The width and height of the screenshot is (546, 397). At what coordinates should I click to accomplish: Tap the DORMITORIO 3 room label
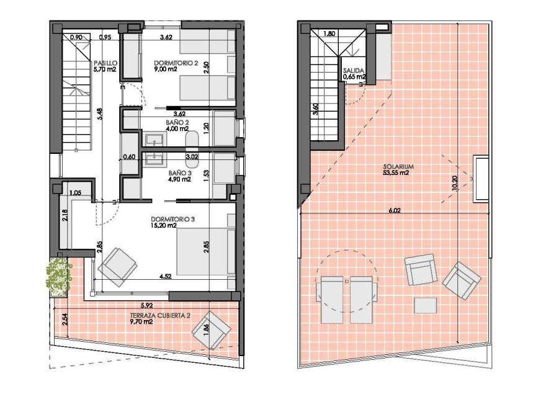173,219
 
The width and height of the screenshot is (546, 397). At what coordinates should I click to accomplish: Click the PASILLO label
105,63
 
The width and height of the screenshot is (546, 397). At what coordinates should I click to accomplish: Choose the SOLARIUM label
398,167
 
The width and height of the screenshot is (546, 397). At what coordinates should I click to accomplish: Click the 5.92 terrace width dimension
146,305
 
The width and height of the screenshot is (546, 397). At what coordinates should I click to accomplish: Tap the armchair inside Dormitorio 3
117,266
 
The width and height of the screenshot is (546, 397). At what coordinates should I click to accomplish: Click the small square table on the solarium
424,306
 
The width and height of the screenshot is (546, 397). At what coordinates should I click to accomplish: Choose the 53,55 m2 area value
398,174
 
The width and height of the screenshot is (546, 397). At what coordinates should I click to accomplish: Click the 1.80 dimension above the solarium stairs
330,33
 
